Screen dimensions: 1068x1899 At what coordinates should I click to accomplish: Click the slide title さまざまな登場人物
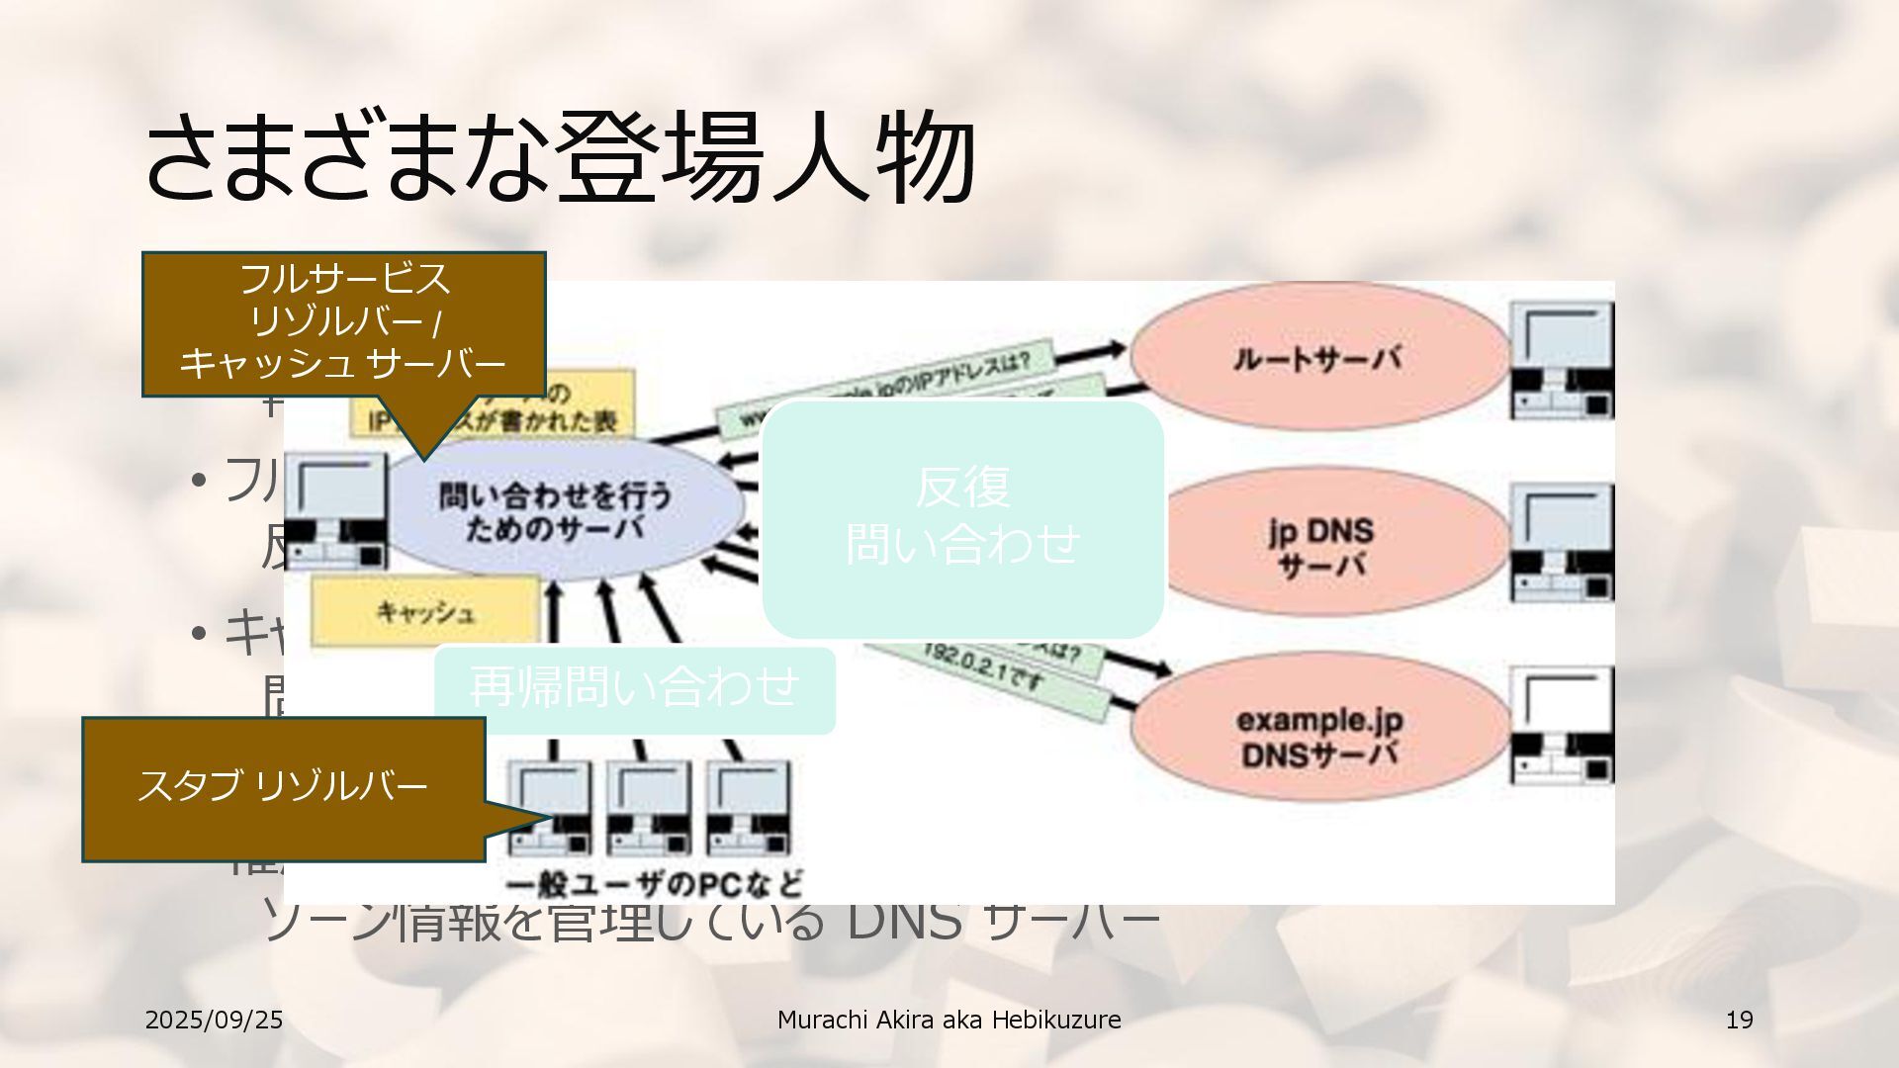coord(560,158)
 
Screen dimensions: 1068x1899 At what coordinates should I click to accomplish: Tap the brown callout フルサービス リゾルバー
coord(344,324)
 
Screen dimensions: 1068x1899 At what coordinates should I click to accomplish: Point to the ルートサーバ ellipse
coord(1318,358)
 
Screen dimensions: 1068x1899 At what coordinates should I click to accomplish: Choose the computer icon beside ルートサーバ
coord(1562,361)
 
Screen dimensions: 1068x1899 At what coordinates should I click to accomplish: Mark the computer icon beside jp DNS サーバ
coord(1562,544)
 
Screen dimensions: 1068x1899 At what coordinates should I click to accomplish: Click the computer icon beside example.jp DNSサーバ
coord(1562,727)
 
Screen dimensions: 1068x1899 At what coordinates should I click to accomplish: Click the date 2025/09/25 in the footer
coord(214,1020)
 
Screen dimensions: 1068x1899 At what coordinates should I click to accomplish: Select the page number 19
coord(1739,1020)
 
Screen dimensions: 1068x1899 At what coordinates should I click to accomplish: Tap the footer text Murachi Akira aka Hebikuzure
coord(949,1020)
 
